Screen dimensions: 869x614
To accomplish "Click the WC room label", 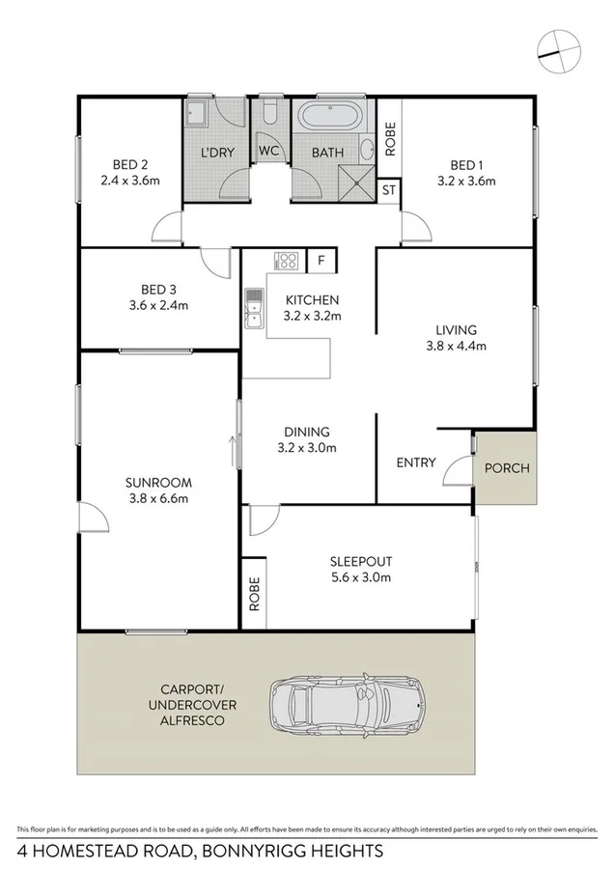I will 268,152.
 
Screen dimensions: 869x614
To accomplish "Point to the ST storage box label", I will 389,190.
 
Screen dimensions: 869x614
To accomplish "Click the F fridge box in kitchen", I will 321,259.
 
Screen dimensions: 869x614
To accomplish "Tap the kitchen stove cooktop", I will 287,259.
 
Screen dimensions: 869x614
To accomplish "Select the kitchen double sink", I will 254,308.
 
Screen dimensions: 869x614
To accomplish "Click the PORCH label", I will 506,468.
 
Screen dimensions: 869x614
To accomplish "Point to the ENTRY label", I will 416,463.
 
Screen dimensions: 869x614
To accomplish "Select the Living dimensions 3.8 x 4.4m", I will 456,345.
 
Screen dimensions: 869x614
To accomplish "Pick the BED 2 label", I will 128,163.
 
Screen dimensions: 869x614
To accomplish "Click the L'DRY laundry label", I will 217,153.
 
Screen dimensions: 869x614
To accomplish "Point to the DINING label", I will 307,432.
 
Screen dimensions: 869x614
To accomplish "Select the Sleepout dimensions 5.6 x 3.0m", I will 360,577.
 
